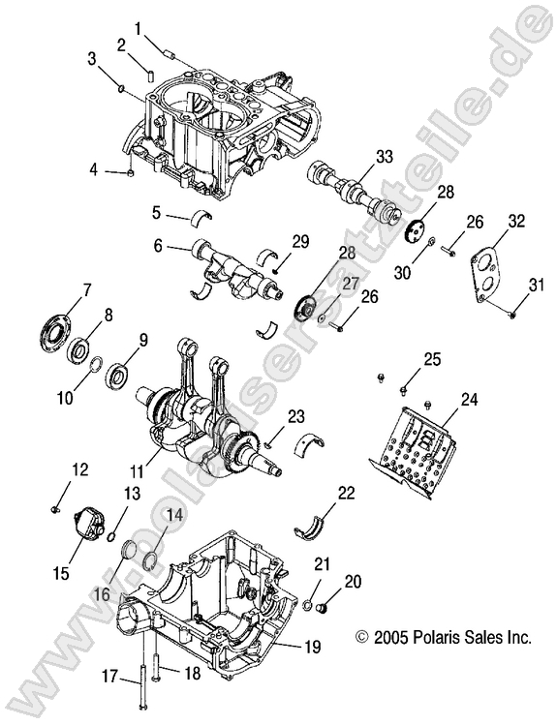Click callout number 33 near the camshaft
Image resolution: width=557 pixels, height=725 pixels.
384,155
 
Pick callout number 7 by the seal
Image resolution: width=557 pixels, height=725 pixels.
87,288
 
